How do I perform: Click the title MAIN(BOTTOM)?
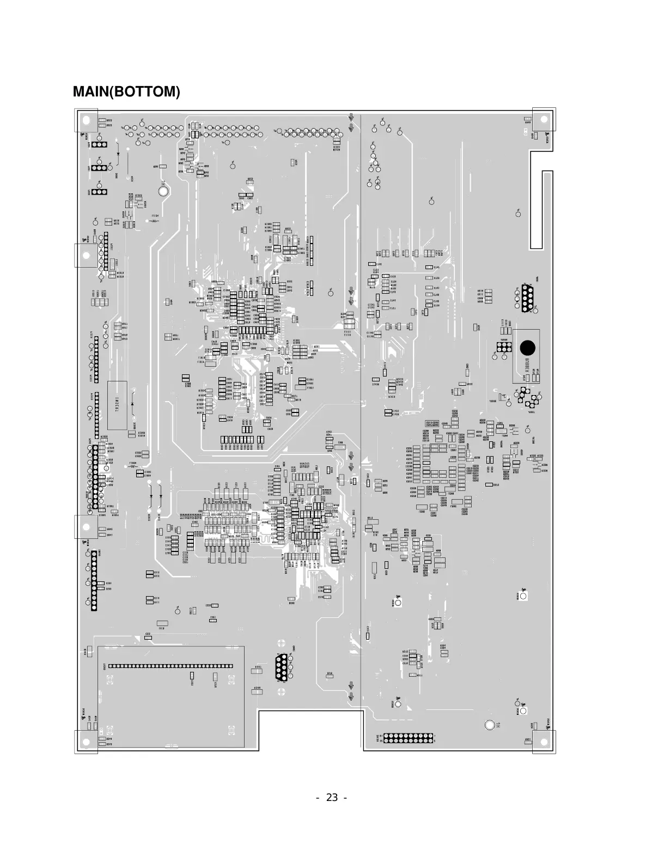point(126,92)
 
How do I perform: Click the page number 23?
point(332,798)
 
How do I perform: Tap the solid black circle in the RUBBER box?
point(527,348)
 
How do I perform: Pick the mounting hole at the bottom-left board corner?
point(86,742)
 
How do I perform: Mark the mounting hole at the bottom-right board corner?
point(544,742)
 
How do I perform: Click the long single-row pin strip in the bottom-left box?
point(170,666)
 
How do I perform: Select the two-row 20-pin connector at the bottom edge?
point(409,738)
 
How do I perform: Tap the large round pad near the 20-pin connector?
point(490,725)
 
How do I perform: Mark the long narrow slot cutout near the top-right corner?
point(547,210)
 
